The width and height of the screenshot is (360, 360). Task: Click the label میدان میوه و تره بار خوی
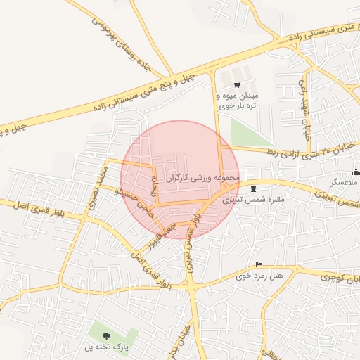238,100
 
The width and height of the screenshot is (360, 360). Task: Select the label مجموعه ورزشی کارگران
203,179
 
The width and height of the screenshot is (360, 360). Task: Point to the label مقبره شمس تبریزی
253,200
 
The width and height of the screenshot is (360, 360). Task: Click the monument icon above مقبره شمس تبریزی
253,188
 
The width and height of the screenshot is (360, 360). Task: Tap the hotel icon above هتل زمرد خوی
259,265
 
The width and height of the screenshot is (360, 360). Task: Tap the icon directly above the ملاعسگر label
356,172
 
